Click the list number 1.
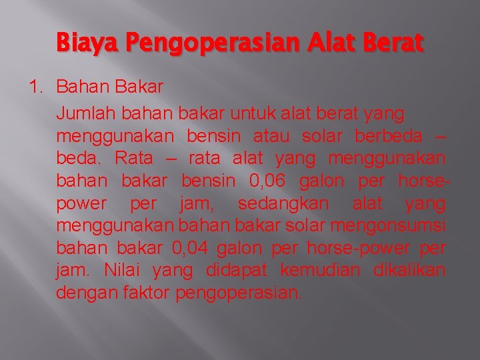(x=37, y=86)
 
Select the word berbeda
(x=389, y=136)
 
